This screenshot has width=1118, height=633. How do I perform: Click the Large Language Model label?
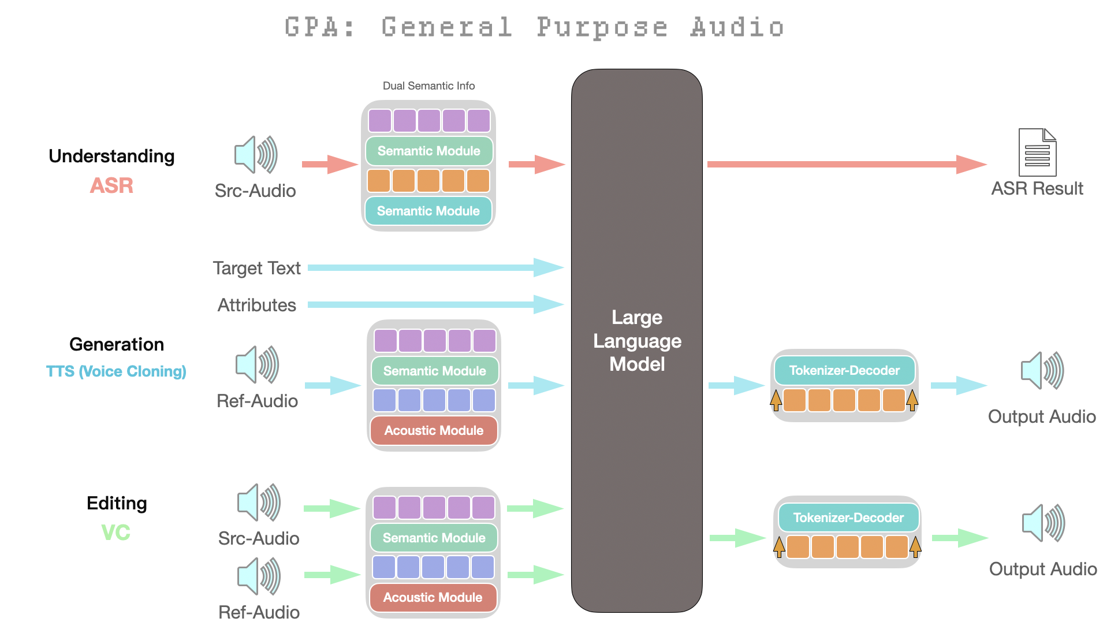pyautogui.click(x=637, y=341)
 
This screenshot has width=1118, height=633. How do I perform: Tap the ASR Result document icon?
pyautogui.click(x=1037, y=152)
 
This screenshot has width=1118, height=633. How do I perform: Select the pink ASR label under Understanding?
pyautogui.click(x=111, y=185)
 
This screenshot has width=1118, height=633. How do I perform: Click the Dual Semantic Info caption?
pyautogui.click(x=428, y=86)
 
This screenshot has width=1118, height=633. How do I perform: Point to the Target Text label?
pyautogui.click(x=256, y=268)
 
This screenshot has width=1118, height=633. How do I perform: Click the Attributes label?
pyautogui.click(x=256, y=305)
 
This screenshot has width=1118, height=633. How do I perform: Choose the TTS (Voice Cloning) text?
pyautogui.click(x=116, y=371)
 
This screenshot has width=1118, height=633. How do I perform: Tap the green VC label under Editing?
pyautogui.click(x=115, y=533)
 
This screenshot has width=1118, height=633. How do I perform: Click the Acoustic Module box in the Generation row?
pyautogui.click(x=434, y=430)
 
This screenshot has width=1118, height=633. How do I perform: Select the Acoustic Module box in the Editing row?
pyautogui.click(x=433, y=597)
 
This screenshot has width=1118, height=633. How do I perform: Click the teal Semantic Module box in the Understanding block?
pyautogui.click(x=428, y=211)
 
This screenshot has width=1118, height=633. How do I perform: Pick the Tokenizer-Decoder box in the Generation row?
pyautogui.click(x=844, y=370)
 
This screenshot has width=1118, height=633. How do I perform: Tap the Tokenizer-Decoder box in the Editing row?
pyautogui.click(x=848, y=517)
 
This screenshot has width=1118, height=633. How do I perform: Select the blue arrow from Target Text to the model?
pyautogui.click(x=433, y=267)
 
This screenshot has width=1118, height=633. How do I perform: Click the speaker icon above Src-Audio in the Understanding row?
pyautogui.click(x=256, y=155)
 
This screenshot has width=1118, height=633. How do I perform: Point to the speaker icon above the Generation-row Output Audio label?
pyautogui.click(x=1042, y=370)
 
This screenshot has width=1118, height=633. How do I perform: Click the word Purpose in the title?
pyautogui.click(x=602, y=28)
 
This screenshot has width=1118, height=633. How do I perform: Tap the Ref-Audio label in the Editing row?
pyautogui.click(x=259, y=612)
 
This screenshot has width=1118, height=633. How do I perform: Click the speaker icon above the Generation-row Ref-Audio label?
pyautogui.click(x=257, y=364)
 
